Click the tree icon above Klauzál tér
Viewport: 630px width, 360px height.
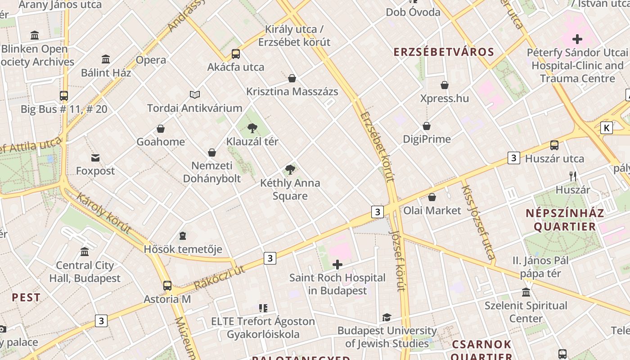pos(252,128)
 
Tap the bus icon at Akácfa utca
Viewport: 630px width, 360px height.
pos(235,54)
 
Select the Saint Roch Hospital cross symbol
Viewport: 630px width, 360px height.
pos(337,265)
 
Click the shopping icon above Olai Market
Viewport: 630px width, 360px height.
pos(432,197)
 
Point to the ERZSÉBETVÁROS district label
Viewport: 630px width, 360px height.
pos(444,52)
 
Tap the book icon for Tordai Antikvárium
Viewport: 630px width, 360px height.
pos(194,94)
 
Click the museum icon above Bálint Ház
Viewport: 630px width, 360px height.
pos(106,59)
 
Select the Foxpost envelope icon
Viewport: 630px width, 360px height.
pos(95,157)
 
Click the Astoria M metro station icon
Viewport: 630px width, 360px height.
pos(167,286)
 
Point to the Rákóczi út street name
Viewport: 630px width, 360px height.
pos(220,277)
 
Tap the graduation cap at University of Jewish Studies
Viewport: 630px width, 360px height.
pos(387,318)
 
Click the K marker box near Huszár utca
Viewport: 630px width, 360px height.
pos(606,128)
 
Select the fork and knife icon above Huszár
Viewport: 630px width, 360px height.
pos(572,176)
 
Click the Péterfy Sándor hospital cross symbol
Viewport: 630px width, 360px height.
pos(577,39)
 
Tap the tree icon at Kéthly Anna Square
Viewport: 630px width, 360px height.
pos(290,170)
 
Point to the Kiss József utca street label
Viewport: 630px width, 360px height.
pos(478,223)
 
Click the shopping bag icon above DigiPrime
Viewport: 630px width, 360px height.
pos(426,126)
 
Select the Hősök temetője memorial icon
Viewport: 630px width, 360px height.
pos(183,235)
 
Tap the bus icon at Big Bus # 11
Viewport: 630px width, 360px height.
pos(64,96)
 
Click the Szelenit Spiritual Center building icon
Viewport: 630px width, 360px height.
pos(526,292)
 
